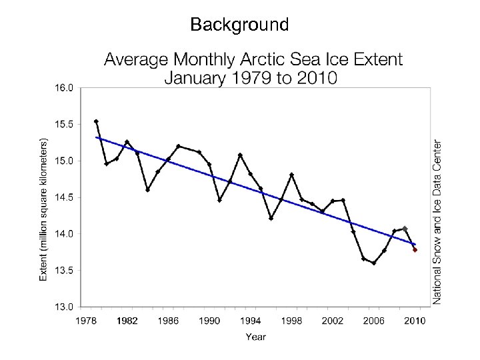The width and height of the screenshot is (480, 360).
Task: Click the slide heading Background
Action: [239, 25]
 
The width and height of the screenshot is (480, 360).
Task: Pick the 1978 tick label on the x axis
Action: [87, 321]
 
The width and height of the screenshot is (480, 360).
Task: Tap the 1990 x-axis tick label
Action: [210, 321]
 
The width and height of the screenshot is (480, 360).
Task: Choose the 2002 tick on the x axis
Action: [333, 321]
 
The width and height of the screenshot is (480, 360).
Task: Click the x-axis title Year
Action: [255, 337]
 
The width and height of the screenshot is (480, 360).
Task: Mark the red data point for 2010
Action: [415, 250]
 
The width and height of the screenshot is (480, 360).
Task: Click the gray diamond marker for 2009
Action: [405, 229]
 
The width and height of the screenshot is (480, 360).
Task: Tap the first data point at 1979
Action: [97, 121]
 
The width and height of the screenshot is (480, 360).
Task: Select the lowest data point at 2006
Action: [374, 263]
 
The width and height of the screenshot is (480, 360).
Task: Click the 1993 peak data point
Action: [240, 155]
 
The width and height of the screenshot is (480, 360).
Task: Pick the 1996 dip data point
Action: [271, 218]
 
